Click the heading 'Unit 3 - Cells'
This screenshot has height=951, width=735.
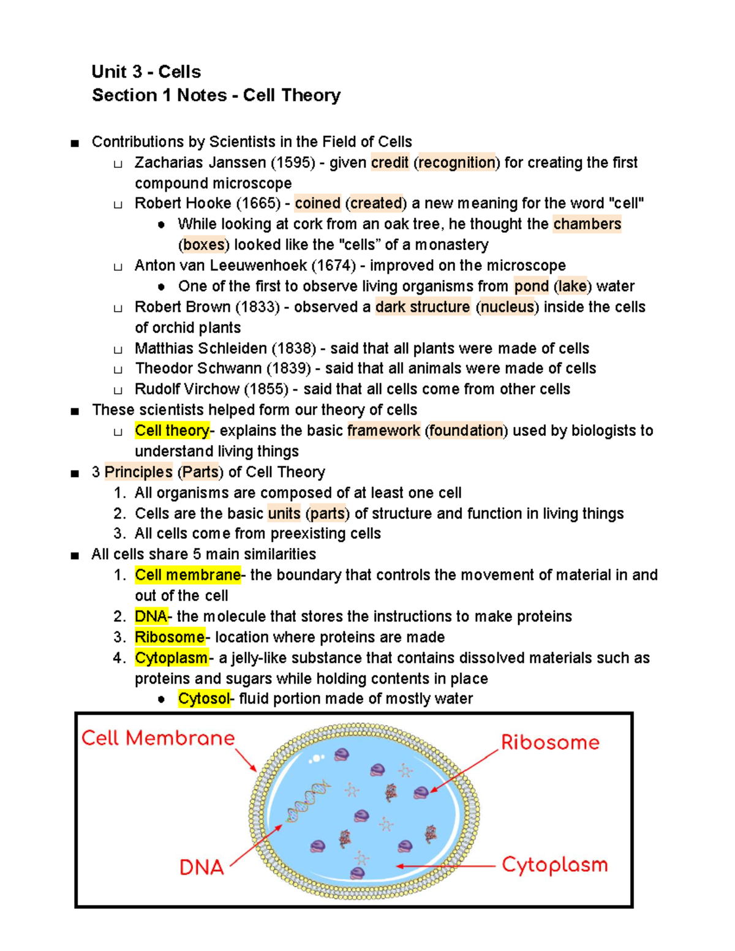[x=146, y=72]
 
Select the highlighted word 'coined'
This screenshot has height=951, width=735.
[x=317, y=203]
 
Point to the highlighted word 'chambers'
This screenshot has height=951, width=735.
[x=587, y=224]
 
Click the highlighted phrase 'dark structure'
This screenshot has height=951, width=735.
[x=423, y=307]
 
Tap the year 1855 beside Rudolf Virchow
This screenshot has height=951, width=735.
[x=266, y=389]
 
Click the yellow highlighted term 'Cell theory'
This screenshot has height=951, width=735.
[x=172, y=430]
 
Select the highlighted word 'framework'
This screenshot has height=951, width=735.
[x=383, y=430]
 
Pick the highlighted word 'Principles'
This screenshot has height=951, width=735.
[x=138, y=472]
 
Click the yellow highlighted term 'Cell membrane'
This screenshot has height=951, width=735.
[x=187, y=575]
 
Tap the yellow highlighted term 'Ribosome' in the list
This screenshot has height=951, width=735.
[x=170, y=637]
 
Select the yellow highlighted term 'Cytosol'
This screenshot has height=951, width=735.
[x=204, y=699]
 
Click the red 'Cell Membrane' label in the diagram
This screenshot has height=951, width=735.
[x=158, y=738]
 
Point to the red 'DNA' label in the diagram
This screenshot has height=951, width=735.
[x=202, y=867]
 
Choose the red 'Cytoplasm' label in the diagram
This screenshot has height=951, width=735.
[x=554, y=865]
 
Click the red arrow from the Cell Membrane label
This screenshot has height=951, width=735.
[x=246, y=760]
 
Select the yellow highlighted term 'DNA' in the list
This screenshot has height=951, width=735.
[x=151, y=617]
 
